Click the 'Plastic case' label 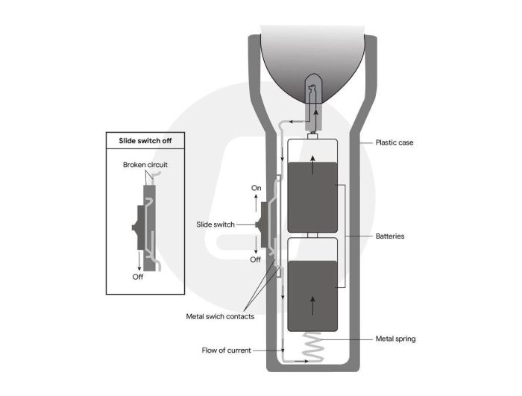tap(394, 142)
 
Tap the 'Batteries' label tap(390, 236)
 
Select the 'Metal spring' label tap(395, 339)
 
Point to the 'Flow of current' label tap(227, 351)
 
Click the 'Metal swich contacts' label tap(220, 316)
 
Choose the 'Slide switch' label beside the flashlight tap(216, 224)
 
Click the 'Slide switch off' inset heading tap(145, 140)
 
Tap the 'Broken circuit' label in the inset tap(145, 165)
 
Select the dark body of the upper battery tap(312, 197)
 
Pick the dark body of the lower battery tap(312, 296)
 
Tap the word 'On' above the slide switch tap(256, 188)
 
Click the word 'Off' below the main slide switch tap(255, 260)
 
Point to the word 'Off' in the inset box tap(138, 277)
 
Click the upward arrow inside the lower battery tap(312, 306)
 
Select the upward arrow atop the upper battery tap(312, 165)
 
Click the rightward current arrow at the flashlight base tap(301, 361)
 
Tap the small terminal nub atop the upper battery tap(313, 136)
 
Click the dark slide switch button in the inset tap(140, 227)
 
